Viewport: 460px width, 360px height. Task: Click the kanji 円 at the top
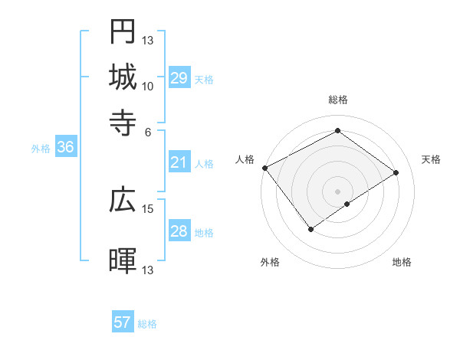tap(123, 31)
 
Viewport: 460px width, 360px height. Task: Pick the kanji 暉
tap(123, 260)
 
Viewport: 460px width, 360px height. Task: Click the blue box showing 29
tap(179, 78)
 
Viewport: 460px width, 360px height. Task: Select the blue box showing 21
tap(179, 162)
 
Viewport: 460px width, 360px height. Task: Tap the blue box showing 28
tap(179, 231)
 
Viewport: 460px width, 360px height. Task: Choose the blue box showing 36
tap(65, 148)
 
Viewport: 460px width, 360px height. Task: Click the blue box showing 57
tap(123, 322)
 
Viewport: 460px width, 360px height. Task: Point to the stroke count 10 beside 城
tap(148, 86)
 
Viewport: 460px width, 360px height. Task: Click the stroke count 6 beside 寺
tap(148, 131)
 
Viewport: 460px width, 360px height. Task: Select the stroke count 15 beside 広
tap(148, 208)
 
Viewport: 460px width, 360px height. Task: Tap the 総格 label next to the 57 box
tap(147, 324)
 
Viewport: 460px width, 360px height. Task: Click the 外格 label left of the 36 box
tap(41, 149)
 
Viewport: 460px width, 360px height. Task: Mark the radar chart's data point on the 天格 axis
tap(396, 173)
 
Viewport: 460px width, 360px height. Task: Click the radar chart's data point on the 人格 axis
tap(264, 167)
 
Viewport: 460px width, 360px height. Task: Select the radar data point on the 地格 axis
tap(348, 204)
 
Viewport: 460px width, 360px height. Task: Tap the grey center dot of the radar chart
tap(337, 190)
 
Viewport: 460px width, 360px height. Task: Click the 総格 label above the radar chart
tap(337, 100)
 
